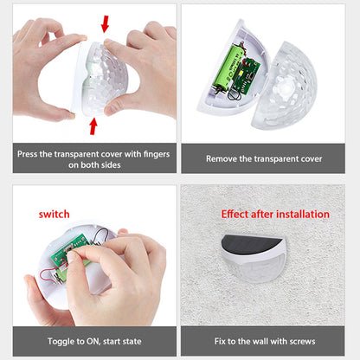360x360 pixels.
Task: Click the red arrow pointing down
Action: (105, 23)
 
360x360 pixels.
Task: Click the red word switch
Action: (55, 213)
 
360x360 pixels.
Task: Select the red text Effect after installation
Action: (275, 214)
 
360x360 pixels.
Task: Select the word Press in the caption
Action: (33, 154)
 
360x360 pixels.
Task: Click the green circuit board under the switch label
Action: (64, 252)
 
